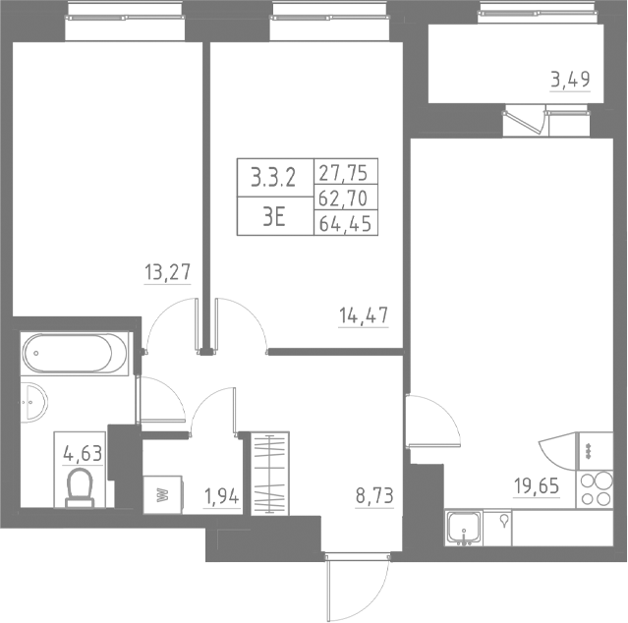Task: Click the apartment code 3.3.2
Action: click(273, 178)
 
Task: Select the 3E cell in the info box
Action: click(273, 217)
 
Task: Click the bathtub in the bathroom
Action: click(75, 352)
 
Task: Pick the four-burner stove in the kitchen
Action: click(595, 488)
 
